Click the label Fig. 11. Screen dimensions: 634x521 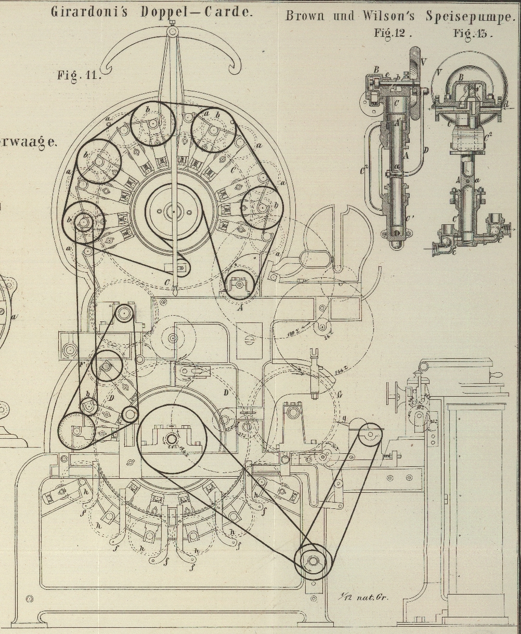(77, 75)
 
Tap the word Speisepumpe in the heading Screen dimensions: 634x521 (470, 16)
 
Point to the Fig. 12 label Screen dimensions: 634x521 (393, 33)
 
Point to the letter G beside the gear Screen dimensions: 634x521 (340, 395)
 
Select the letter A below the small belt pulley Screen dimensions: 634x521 (240, 307)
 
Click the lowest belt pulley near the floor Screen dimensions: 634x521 (312, 561)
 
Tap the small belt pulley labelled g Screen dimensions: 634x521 (370, 435)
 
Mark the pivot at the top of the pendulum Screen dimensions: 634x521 (172, 31)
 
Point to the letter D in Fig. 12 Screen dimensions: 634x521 (426, 151)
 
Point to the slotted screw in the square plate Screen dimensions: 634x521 (249, 340)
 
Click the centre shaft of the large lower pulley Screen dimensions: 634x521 (172, 439)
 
